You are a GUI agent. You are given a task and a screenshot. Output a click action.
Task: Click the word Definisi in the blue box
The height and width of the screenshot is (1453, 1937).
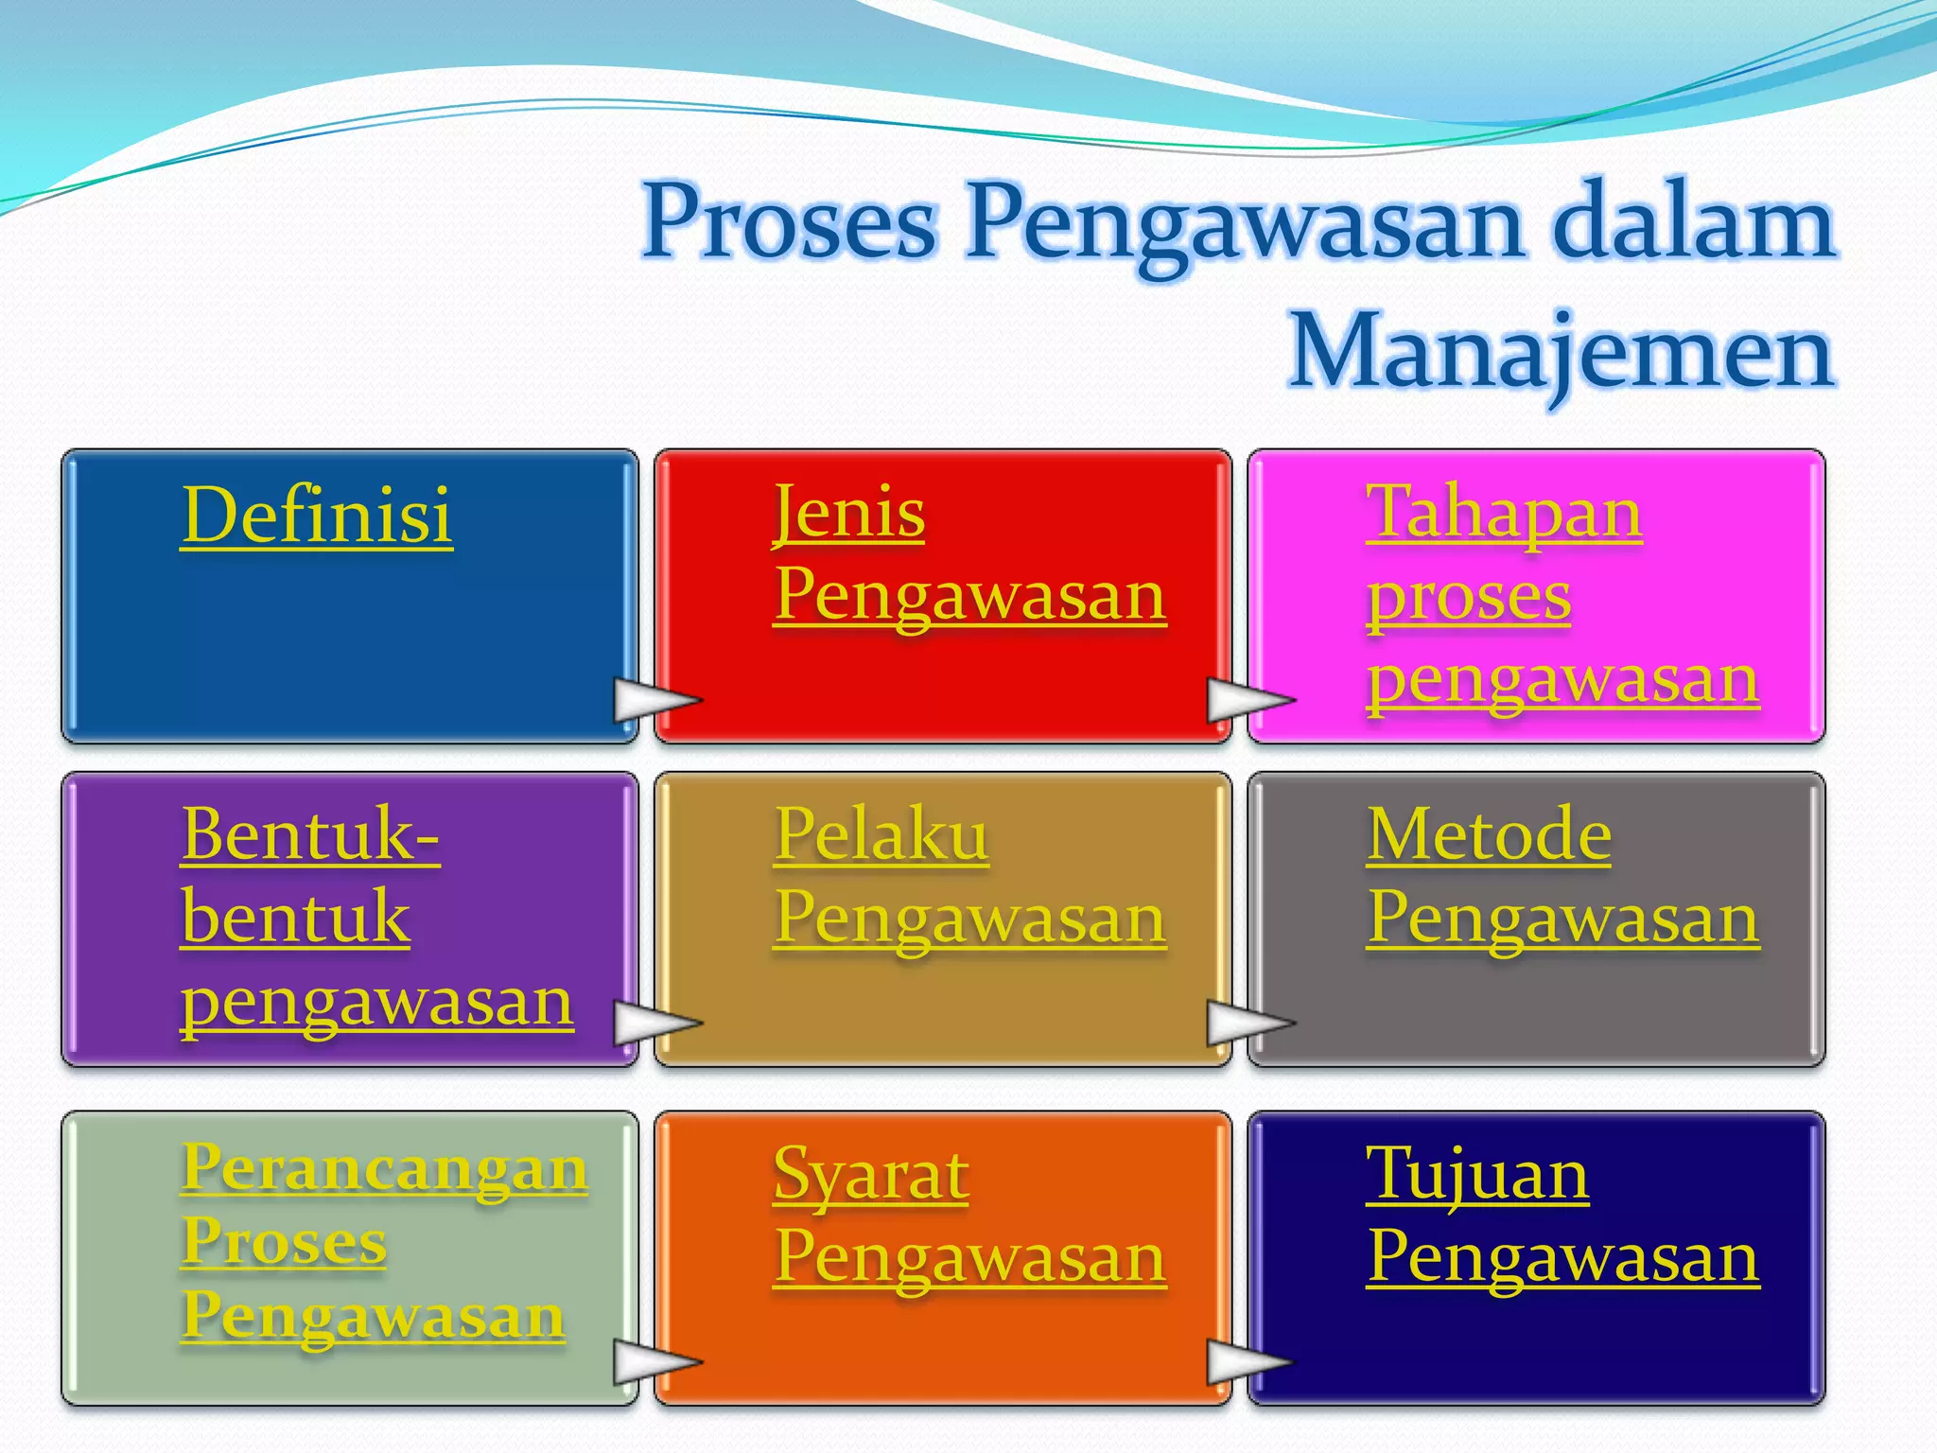(x=317, y=515)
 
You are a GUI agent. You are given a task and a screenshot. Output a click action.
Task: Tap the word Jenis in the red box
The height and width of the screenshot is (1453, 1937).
(x=848, y=515)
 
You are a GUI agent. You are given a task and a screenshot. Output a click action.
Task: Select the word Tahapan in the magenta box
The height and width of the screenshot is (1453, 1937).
(x=1504, y=513)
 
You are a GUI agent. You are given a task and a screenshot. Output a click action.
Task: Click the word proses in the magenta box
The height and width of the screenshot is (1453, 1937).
(x=1469, y=598)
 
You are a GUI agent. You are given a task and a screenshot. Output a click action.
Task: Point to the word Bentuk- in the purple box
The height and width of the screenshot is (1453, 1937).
(x=310, y=834)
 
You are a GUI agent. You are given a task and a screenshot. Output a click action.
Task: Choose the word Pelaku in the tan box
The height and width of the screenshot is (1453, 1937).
(x=881, y=834)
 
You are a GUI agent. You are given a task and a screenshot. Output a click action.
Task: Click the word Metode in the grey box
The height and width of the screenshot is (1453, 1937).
(x=1489, y=834)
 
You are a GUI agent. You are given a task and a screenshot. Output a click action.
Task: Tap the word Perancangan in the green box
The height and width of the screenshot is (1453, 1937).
(x=385, y=1167)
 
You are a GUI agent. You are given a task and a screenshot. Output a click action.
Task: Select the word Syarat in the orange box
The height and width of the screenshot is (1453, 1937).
(x=870, y=1175)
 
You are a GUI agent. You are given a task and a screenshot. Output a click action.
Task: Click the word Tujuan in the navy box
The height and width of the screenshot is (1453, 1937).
(x=1477, y=1175)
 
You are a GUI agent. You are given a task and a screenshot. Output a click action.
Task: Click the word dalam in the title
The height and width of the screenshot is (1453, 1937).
(x=1693, y=222)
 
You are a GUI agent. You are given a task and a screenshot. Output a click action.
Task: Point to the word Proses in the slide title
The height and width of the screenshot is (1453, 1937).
(x=790, y=222)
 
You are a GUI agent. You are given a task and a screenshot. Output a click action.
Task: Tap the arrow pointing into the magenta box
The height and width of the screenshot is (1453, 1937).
(x=1248, y=700)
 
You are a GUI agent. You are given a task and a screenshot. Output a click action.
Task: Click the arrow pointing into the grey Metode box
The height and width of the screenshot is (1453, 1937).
(x=1248, y=1023)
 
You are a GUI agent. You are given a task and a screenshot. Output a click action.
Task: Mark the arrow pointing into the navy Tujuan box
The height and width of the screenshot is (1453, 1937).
(x=1248, y=1362)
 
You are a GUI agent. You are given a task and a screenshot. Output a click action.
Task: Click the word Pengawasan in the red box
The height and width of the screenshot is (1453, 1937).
(x=969, y=596)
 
